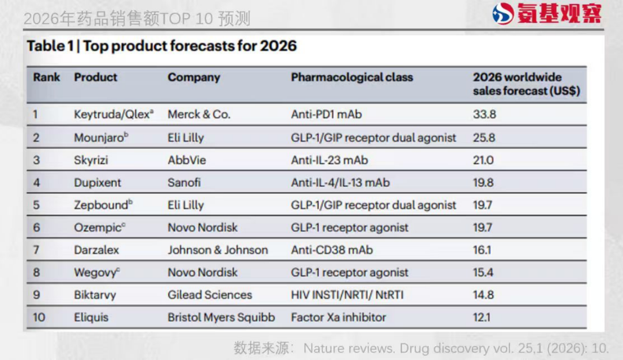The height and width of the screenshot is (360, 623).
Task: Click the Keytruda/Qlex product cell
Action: (x=114, y=114)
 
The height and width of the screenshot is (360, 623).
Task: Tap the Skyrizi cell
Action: (x=91, y=160)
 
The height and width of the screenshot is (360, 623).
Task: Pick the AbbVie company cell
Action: (x=186, y=160)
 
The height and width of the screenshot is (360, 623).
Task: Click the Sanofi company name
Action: (x=184, y=182)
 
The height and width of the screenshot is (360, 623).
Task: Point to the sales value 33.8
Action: (x=484, y=114)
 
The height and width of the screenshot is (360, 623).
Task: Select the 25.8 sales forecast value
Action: (x=484, y=137)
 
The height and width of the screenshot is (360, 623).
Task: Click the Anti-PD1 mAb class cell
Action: (x=326, y=114)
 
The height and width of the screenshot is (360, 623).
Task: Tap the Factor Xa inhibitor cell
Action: (x=339, y=317)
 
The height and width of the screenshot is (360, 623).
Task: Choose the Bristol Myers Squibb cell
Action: (x=221, y=317)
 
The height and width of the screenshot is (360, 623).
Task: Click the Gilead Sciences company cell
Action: (x=210, y=295)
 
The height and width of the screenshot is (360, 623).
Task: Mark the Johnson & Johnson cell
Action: (x=217, y=250)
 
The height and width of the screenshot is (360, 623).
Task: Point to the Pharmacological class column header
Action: (x=352, y=77)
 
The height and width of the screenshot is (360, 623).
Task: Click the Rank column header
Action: (x=46, y=77)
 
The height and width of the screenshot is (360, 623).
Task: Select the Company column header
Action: (x=194, y=77)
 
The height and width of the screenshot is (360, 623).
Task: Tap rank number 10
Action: (x=39, y=317)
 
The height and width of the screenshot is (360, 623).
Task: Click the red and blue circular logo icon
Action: (x=503, y=14)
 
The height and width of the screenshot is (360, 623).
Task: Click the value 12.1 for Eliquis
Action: (x=482, y=317)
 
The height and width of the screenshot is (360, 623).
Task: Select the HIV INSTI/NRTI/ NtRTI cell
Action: (x=347, y=295)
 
